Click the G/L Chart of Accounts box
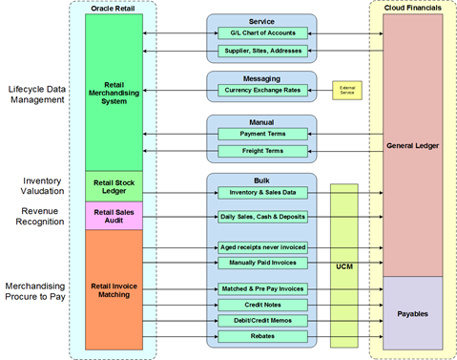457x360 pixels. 261,32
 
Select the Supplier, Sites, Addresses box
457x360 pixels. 261,51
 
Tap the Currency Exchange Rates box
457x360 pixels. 261,92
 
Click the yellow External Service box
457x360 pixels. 346,92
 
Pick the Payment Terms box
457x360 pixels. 261,134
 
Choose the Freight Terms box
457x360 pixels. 261,151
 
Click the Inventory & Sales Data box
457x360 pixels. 261,192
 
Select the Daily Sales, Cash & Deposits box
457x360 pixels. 261,217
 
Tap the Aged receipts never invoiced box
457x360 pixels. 261,246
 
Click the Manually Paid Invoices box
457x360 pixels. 261,263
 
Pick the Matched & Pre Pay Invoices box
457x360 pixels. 261,287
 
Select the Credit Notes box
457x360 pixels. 261,304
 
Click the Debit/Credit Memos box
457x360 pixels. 261,320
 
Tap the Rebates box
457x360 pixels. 261,336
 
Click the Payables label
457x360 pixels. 412,312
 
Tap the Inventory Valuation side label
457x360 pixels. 34,186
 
